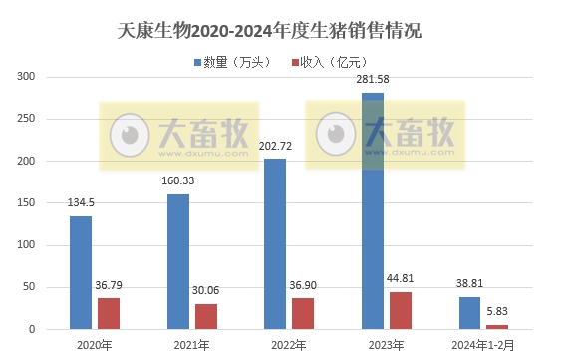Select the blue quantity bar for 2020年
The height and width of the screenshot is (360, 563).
click(x=81, y=272)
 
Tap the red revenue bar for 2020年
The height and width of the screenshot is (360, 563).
click(x=109, y=313)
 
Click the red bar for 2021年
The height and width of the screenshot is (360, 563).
click(x=205, y=316)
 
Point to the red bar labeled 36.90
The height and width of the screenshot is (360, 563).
click(x=303, y=313)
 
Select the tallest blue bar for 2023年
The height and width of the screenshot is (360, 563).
click(x=372, y=210)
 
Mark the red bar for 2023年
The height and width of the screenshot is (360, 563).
click(x=400, y=310)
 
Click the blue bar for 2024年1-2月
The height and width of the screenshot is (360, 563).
click(x=469, y=313)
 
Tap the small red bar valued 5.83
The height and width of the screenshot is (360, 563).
click(x=497, y=326)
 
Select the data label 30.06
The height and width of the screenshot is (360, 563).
click(x=206, y=292)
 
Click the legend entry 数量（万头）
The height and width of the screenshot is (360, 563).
click(x=230, y=63)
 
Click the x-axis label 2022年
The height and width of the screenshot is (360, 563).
click(x=289, y=345)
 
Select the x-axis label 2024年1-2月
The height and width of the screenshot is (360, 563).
click(x=483, y=345)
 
